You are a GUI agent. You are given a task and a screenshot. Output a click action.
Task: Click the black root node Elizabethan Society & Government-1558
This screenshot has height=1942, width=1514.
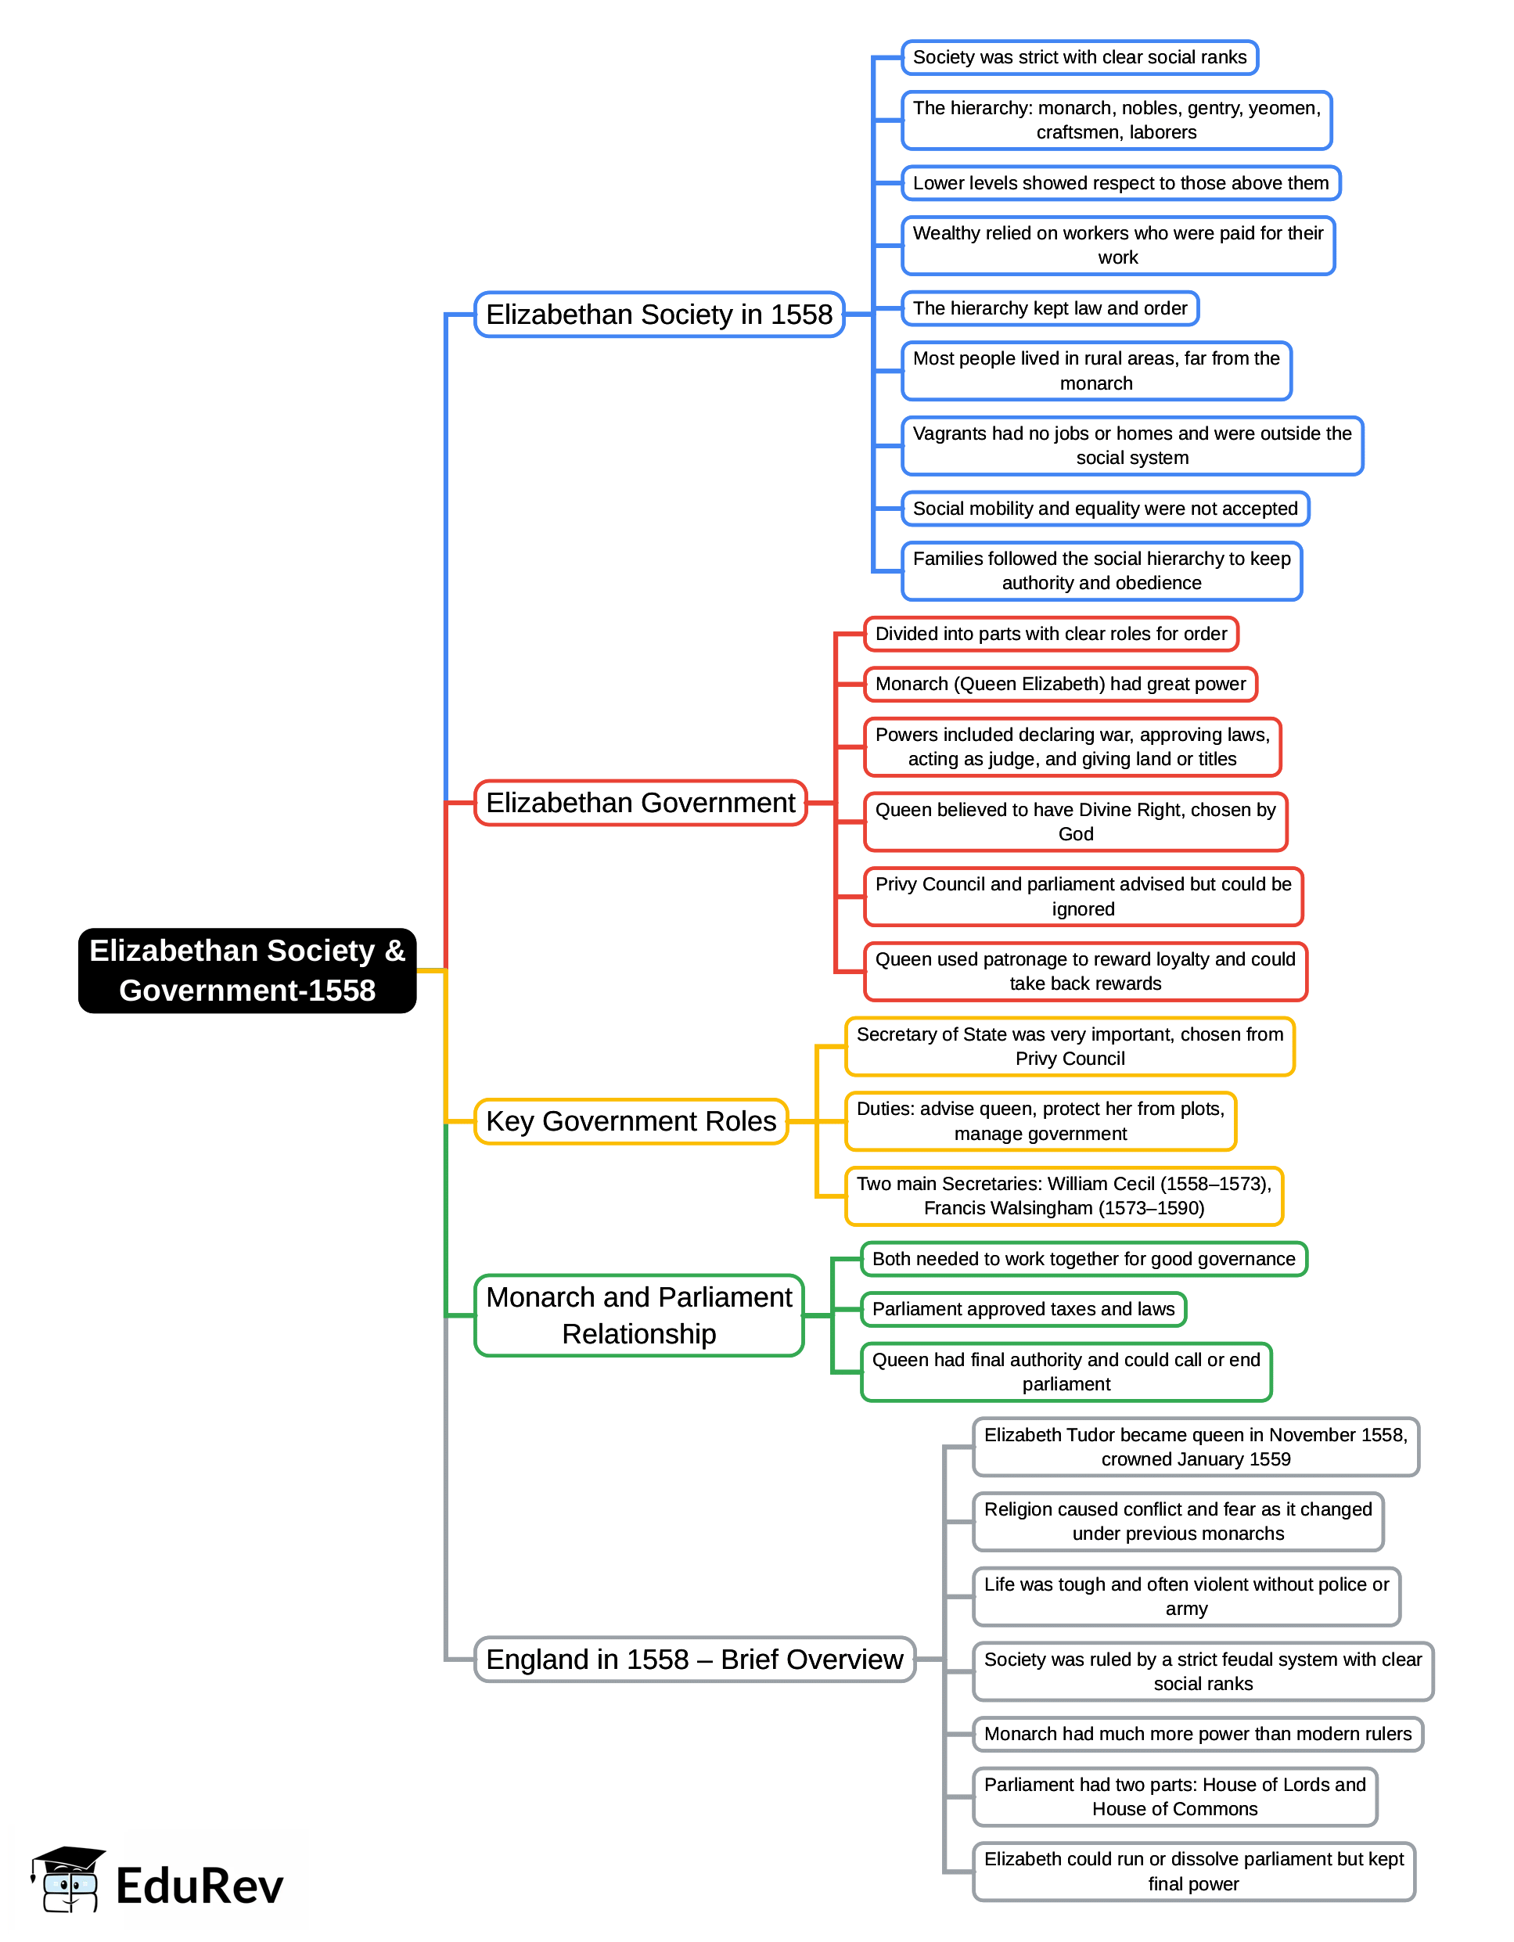point(247,970)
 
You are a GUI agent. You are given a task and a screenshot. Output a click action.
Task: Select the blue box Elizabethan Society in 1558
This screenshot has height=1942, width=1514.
point(659,315)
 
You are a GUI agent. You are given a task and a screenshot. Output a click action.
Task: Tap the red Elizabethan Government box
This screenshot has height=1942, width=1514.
point(640,803)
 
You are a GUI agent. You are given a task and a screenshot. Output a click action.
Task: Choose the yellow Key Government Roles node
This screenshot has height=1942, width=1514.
point(631,1121)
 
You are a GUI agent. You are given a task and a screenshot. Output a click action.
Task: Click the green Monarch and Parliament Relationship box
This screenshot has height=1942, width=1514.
point(638,1315)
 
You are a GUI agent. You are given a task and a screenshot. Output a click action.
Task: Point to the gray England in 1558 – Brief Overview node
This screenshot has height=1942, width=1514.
point(694,1660)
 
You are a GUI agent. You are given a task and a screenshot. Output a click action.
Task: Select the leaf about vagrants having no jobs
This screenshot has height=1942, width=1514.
point(1131,445)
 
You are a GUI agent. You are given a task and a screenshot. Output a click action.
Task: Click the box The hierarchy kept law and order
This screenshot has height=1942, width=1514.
point(1050,308)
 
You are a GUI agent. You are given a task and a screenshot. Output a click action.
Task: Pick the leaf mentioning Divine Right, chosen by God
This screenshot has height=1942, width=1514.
point(1075,822)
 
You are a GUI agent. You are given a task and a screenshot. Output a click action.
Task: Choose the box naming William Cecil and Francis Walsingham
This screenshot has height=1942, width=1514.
point(1064,1196)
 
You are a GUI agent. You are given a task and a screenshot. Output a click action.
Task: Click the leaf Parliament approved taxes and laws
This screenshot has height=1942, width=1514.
point(1023,1309)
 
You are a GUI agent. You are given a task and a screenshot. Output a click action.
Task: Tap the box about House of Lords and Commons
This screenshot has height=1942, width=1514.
point(1174,1796)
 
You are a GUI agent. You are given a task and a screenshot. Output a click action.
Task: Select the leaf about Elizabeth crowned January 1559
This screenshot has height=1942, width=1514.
point(1196,1447)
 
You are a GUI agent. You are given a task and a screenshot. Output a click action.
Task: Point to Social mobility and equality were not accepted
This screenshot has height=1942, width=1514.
point(1105,509)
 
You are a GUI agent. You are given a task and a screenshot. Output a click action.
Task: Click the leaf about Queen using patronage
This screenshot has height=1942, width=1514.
point(1084,971)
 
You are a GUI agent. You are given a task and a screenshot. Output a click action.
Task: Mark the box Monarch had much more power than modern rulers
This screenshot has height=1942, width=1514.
point(1198,1734)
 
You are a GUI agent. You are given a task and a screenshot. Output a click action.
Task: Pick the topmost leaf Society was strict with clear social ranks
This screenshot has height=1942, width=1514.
point(1079,58)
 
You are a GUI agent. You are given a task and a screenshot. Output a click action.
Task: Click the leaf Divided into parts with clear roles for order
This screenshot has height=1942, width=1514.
point(1051,634)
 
